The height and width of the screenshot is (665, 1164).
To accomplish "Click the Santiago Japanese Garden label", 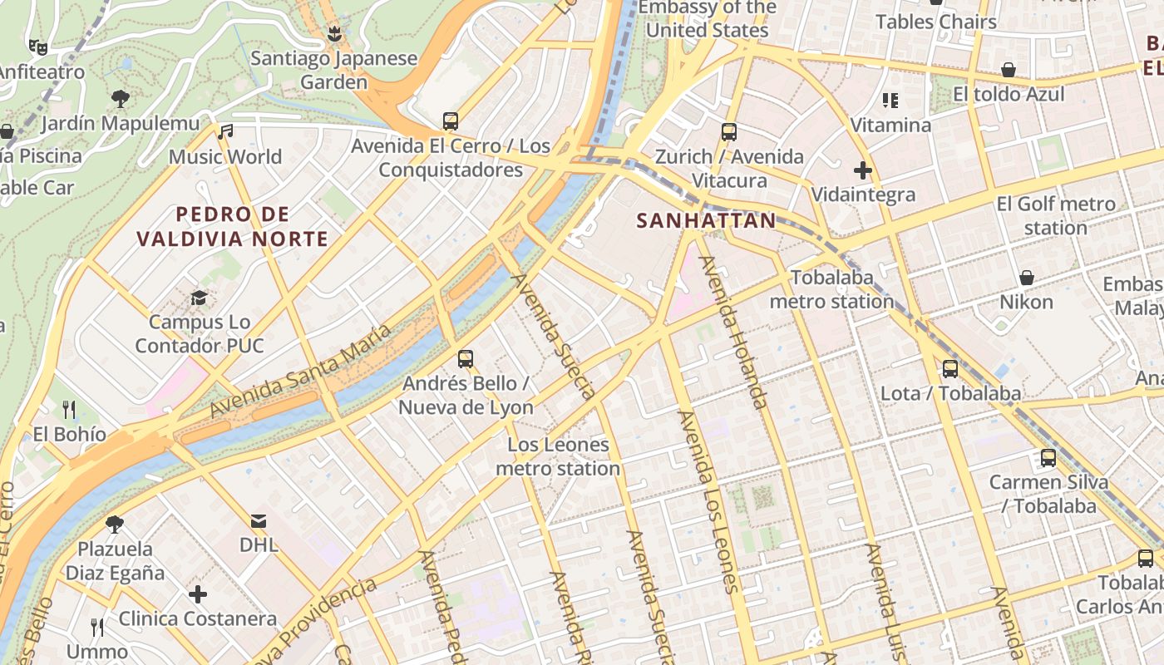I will coord(333,71).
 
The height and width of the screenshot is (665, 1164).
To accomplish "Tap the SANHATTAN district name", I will coord(706,221).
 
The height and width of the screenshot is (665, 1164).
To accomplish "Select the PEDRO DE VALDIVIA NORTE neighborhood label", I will coord(232,227).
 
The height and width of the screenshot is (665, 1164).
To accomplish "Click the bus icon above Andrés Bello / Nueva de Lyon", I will coord(466,359).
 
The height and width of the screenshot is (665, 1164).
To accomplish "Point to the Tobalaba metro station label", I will coord(831,289).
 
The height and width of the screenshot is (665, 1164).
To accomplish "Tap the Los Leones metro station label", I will coord(558,456).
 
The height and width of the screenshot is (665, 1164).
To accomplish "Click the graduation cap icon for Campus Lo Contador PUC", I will coord(199,298).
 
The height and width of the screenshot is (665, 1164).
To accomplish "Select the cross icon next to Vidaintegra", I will coord(863,170).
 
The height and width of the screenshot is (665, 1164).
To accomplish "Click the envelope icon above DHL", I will coord(259,521).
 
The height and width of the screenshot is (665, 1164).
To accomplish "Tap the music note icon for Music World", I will coord(225,132).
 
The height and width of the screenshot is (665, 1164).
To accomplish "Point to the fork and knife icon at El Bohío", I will coord(70,409).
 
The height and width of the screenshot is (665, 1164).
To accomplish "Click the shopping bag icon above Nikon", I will coord(1026,278).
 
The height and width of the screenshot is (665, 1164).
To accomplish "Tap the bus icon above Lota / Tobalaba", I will coord(950,368).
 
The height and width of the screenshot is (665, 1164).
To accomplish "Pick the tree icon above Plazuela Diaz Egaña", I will coord(115,525).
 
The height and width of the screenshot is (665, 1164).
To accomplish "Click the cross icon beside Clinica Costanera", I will coord(198,594).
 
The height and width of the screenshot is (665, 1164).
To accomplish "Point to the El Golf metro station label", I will coord(1056,215).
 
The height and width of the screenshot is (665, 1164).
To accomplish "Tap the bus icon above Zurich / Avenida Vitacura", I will coord(729,131).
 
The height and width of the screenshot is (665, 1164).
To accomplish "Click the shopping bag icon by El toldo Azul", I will coord(1009,70).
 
